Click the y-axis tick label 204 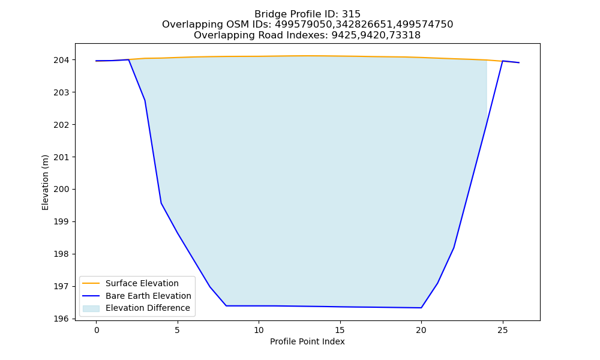tap(61, 60)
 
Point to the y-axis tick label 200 tap(61, 190)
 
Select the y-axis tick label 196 tap(61, 319)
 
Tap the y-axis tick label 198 tap(61, 254)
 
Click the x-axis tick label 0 tap(97, 330)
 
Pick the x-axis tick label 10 tap(259, 330)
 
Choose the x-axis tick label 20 tap(421, 330)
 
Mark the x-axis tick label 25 tap(502, 330)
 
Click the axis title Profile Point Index tap(307, 341)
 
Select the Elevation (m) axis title tap(45, 182)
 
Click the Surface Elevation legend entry tap(142, 283)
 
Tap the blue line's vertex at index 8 tap(226, 305)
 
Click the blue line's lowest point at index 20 tap(421, 308)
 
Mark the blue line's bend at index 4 tap(161, 203)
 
